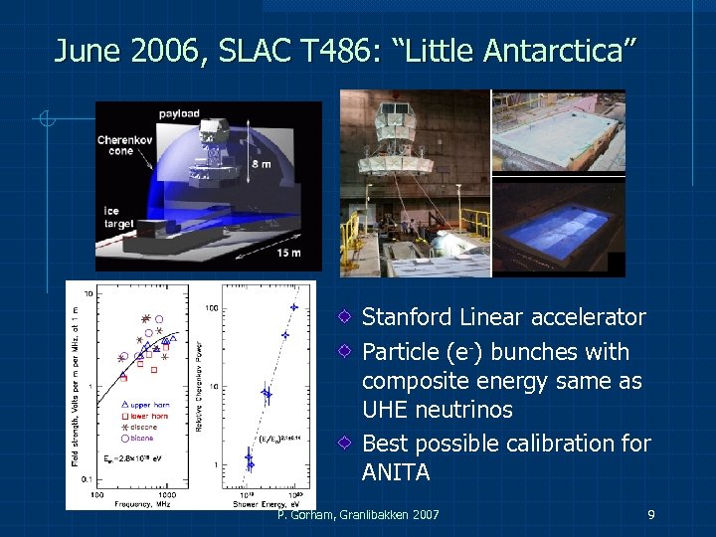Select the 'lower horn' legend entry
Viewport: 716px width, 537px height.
tap(151, 415)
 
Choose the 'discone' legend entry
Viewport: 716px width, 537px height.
tap(148, 426)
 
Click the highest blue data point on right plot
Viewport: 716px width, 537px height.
tap(293, 307)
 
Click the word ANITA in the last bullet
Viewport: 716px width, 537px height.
tap(396, 472)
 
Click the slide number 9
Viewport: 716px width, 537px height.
tap(650, 514)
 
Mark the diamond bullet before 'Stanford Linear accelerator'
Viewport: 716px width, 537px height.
tap(343, 318)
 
